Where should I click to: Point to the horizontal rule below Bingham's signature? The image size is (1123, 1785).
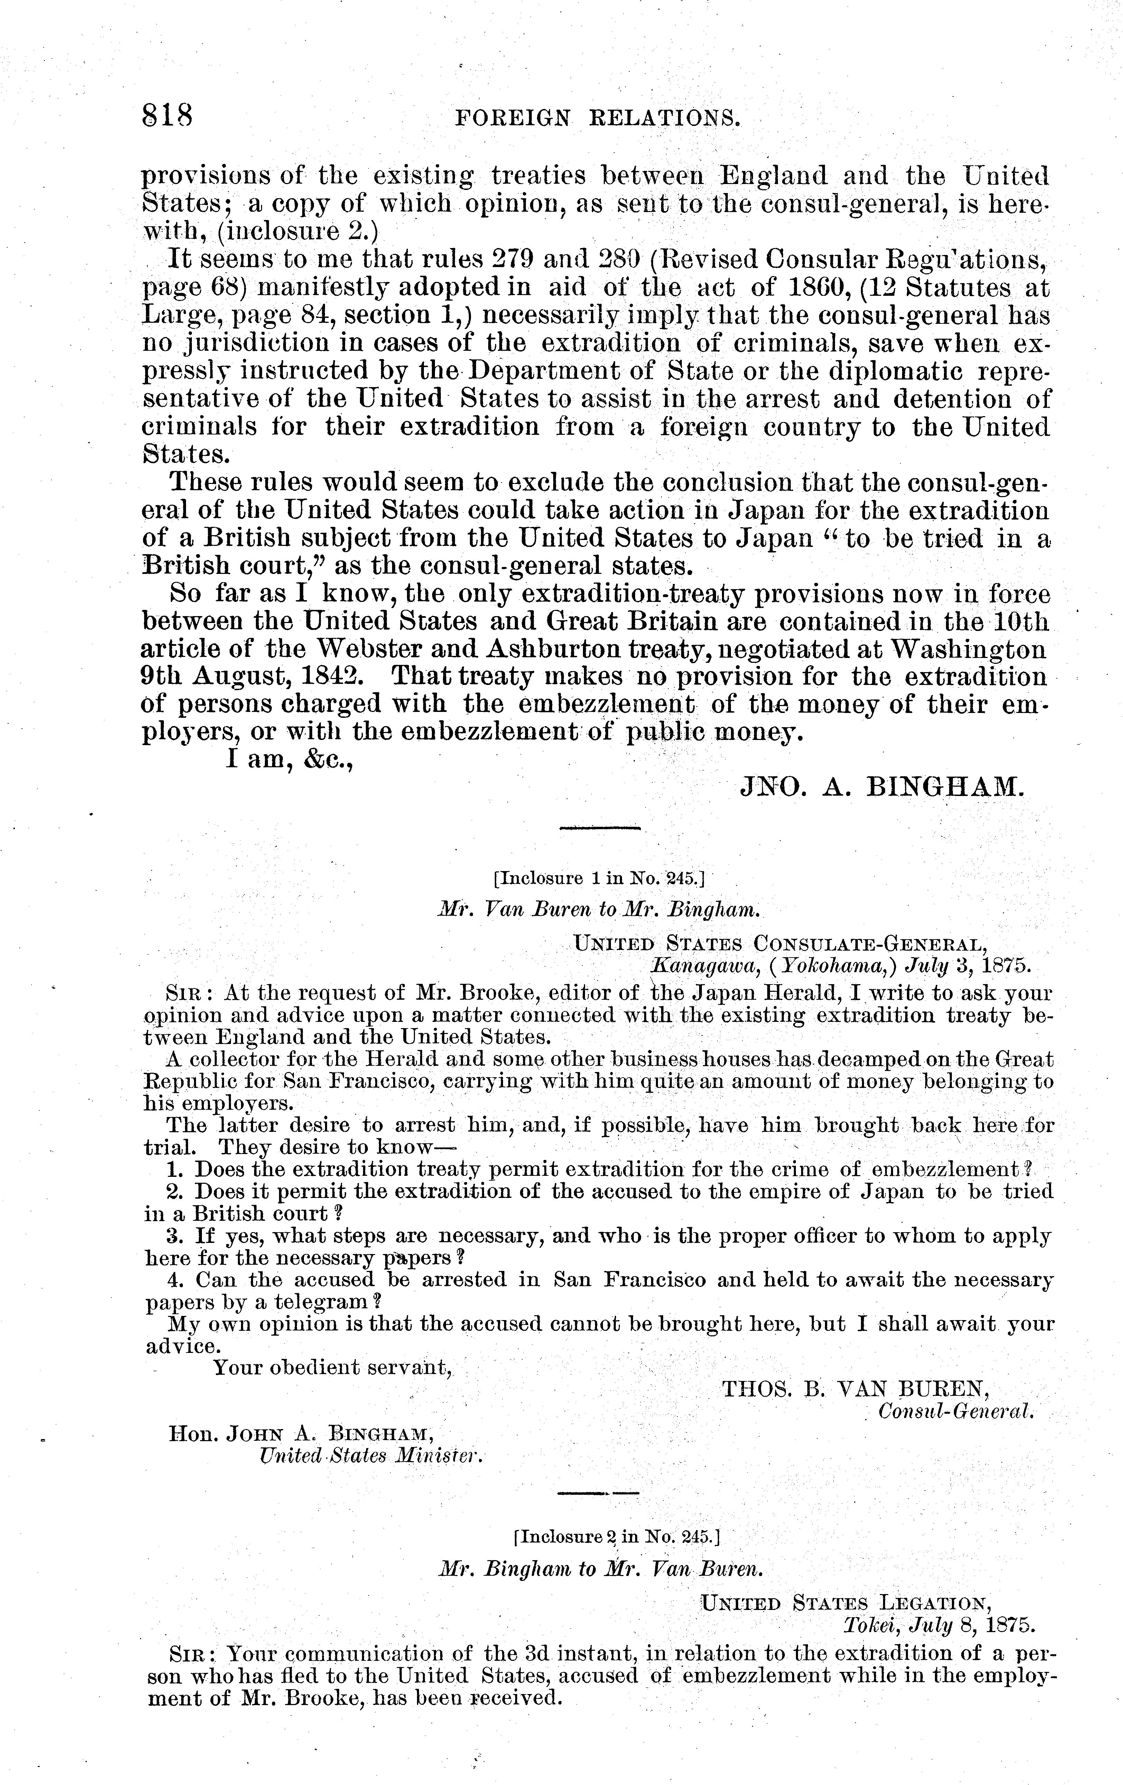[599, 827]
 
